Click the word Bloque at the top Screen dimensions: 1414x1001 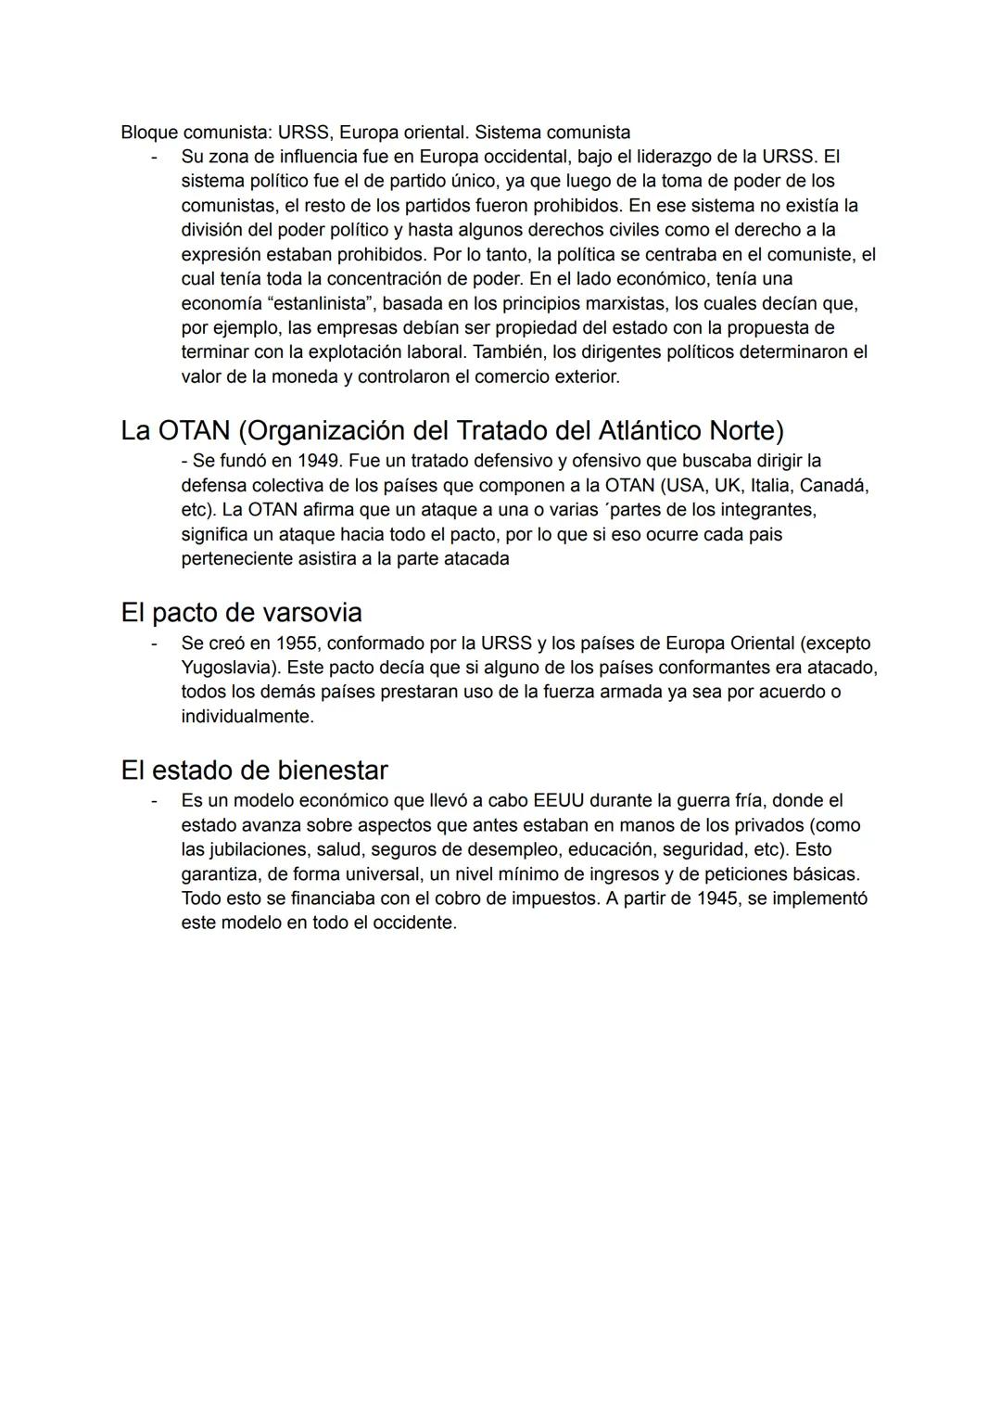click(148, 133)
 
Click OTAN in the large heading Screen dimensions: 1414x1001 click(194, 430)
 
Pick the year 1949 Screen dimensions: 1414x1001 click(318, 461)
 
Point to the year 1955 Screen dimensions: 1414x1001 click(296, 643)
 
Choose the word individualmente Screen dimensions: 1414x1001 click(247, 717)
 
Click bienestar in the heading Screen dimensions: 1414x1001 click(332, 771)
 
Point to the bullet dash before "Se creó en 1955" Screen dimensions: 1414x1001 click(155, 643)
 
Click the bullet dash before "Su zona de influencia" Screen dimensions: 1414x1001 click(155, 157)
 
